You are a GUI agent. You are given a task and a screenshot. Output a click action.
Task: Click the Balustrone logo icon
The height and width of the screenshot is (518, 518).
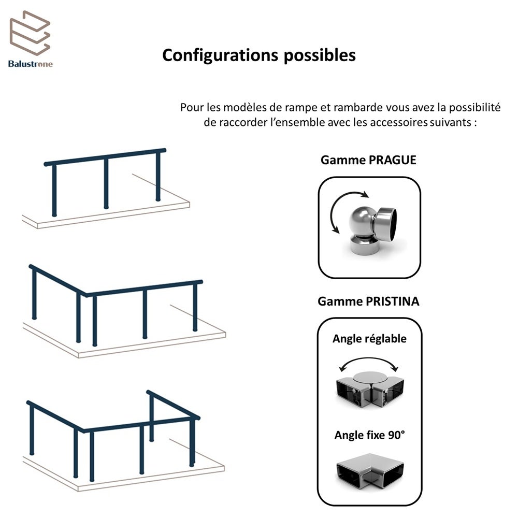pos(30,33)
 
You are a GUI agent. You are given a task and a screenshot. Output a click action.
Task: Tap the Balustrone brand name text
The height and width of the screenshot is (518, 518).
pos(31,64)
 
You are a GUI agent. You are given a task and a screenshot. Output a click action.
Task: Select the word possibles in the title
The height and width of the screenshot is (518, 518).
pos(320,55)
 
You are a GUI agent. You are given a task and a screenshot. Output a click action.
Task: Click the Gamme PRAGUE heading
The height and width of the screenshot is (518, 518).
pos(368,160)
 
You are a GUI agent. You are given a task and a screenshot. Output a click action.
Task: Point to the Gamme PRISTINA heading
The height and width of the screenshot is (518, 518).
pos(368,301)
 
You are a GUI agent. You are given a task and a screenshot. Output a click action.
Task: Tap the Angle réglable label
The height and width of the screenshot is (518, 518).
pos(369,339)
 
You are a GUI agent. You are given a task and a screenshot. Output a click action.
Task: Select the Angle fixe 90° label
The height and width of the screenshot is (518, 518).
pos(370,435)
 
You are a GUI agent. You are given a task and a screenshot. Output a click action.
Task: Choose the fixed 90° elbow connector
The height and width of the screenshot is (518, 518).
pos(370,471)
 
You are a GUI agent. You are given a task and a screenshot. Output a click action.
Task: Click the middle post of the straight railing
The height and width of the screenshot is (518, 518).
pos(106,183)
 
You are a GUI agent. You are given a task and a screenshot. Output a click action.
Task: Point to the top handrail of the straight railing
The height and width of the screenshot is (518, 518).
pos(105,157)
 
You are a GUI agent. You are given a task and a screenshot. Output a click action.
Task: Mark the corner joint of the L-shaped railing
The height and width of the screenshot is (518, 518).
pos(86,294)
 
